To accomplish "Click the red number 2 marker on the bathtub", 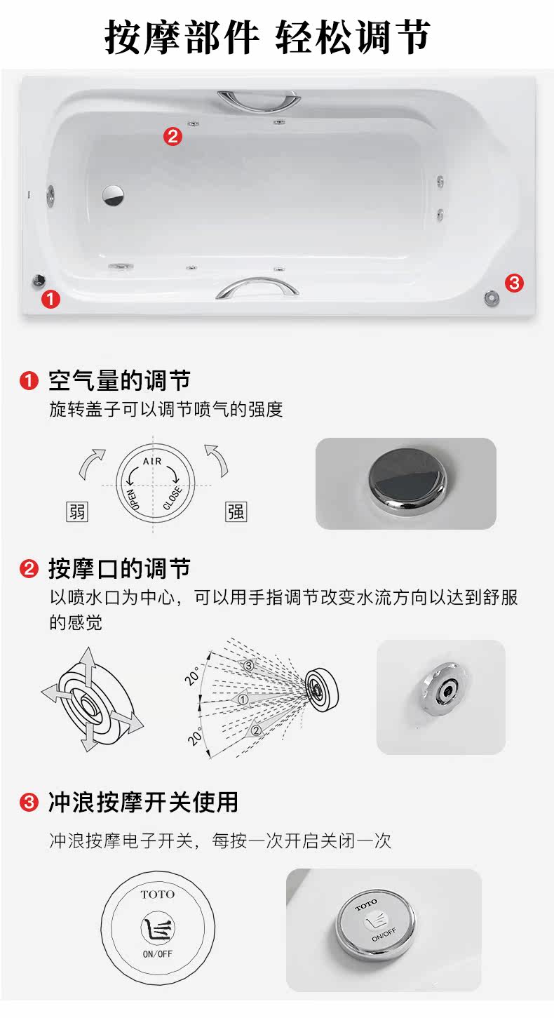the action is tap(173, 136).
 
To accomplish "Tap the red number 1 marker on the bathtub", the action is tap(50, 299).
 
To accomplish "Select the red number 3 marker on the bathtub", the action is tap(514, 283).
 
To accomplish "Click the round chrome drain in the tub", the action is tap(112, 195).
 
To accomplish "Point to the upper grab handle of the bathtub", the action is tap(258, 101).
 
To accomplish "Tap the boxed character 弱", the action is tap(76, 511).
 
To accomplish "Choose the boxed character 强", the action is tap(236, 511).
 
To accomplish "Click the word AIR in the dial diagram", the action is tap(152, 461).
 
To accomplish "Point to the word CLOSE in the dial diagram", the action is tap(172, 498).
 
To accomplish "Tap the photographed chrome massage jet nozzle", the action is tap(444, 689).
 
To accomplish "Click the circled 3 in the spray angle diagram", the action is tap(248, 666).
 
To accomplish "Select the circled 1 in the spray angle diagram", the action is tap(243, 699).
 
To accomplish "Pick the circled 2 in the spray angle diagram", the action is tap(256, 730).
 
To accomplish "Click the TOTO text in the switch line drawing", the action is tap(158, 895).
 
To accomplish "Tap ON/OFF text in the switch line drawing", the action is tap(158, 954).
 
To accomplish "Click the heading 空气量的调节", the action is tap(119, 380).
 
